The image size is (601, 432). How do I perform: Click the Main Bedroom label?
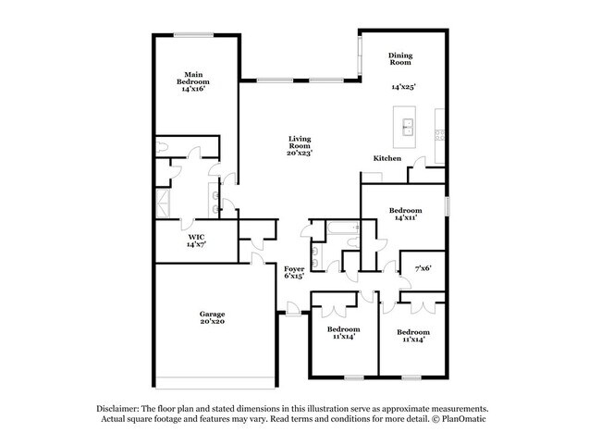pyautogui.click(x=193, y=81)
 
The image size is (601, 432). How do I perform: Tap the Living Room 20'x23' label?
pyautogui.click(x=299, y=145)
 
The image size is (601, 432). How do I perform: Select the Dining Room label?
pyautogui.click(x=399, y=59)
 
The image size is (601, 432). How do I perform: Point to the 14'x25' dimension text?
pyautogui.click(x=403, y=87)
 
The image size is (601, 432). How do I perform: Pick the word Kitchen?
pyautogui.click(x=386, y=159)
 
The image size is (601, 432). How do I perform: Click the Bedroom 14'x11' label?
pyautogui.click(x=405, y=214)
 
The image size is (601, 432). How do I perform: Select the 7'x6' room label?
pyautogui.click(x=423, y=268)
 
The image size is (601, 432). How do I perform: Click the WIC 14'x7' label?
pyautogui.click(x=195, y=241)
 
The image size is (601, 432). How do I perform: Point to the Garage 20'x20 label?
pyautogui.click(x=212, y=316)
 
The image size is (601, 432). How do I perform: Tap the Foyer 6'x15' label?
pyautogui.click(x=294, y=272)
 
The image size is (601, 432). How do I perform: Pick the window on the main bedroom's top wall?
pyautogui.click(x=196, y=35)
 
